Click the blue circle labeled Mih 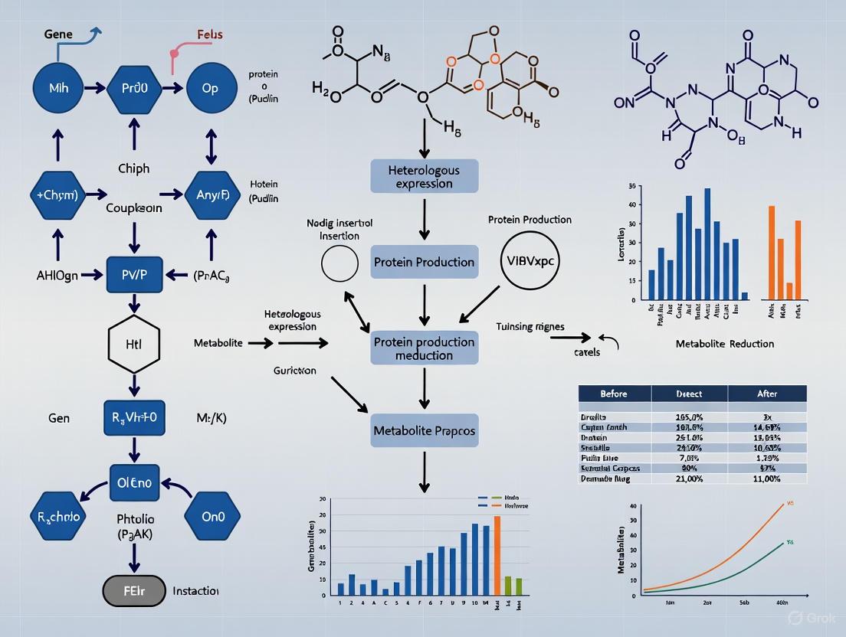pyautogui.click(x=58, y=89)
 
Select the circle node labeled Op pyautogui.click(x=210, y=89)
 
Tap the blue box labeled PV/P pyautogui.click(x=134, y=274)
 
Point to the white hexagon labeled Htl pyautogui.click(x=134, y=344)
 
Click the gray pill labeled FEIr pyautogui.click(x=134, y=591)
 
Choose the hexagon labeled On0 pyautogui.click(x=212, y=517)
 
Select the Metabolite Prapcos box pyautogui.click(x=424, y=430)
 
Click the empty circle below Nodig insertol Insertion pyautogui.click(x=339, y=265)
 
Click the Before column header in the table pyautogui.click(x=613, y=394)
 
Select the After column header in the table pyautogui.click(x=766, y=394)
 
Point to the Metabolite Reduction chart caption pyautogui.click(x=724, y=344)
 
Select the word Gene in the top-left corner pyautogui.click(x=58, y=35)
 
